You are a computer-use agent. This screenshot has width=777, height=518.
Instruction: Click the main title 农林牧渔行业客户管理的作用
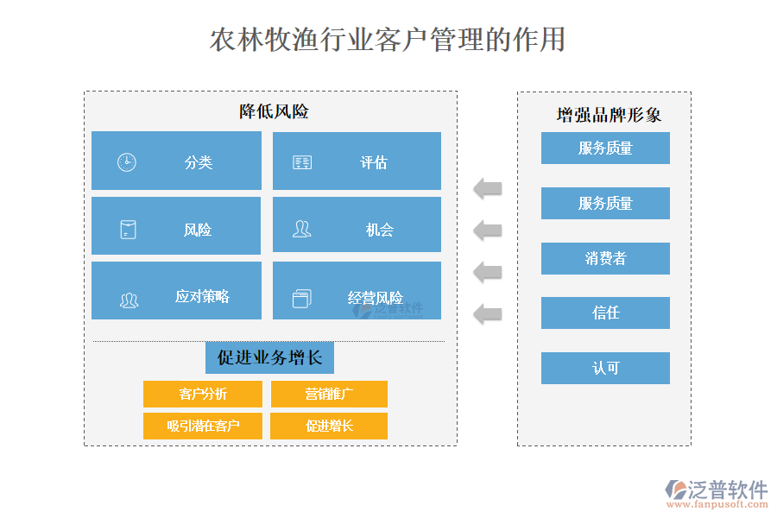point(388,40)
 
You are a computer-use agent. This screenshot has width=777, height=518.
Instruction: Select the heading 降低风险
point(274,111)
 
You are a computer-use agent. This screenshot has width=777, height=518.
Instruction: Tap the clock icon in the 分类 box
point(127,162)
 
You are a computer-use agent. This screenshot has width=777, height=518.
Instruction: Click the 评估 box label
point(374,162)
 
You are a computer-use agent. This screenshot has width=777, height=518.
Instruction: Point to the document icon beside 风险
point(128,230)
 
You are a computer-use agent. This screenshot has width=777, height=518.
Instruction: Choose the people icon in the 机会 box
point(301,229)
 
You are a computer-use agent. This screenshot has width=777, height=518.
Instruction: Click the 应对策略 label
point(202,296)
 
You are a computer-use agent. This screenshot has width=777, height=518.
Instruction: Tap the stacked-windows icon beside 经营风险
point(301,298)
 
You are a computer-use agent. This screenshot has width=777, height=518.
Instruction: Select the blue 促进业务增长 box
point(269,357)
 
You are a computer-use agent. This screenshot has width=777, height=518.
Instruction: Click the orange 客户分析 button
point(203,394)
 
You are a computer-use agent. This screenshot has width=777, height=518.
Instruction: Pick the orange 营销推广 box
point(329,394)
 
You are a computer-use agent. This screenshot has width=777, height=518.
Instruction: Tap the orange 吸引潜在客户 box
point(203,426)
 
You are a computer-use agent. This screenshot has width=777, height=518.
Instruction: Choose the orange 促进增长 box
point(329,426)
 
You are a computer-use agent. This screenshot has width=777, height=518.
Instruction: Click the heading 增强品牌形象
point(610,115)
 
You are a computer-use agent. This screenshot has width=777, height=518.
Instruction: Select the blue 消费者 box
point(605,258)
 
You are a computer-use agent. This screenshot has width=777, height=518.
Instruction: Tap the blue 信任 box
point(605,313)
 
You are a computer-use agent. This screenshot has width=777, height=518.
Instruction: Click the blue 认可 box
point(605,368)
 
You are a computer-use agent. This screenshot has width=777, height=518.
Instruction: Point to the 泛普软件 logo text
point(728,489)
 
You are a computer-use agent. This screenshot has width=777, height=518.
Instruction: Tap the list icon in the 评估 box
point(302,162)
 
